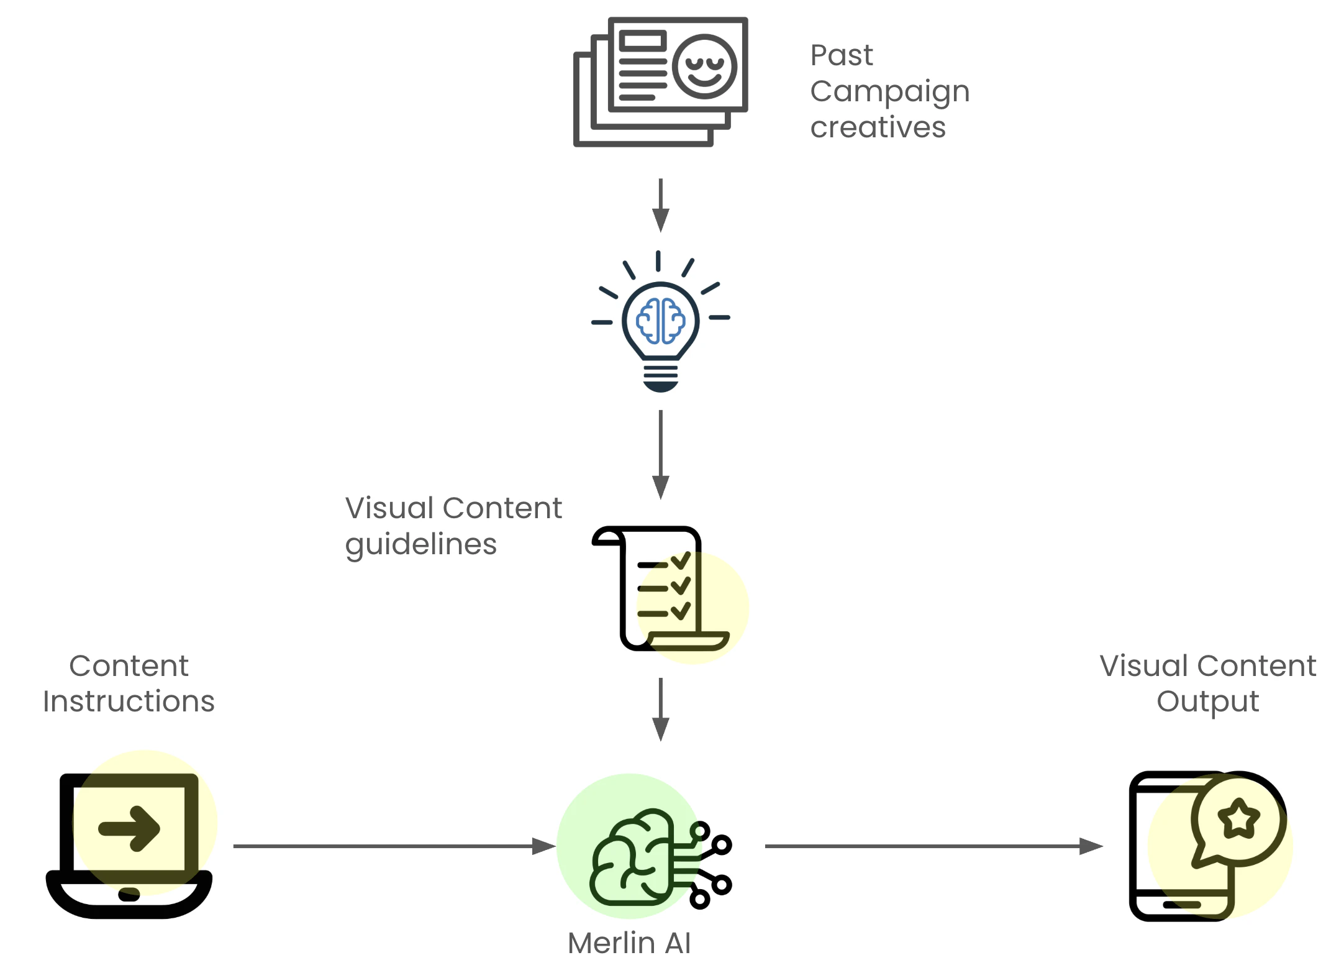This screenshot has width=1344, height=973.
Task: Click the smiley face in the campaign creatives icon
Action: [704, 66]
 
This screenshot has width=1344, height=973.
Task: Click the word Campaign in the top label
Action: [889, 92]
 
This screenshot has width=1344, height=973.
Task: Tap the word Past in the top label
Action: [842, 55]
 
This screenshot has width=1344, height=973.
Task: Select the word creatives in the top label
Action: [878, 127]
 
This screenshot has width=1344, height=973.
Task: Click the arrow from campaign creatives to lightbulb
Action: [660, 205]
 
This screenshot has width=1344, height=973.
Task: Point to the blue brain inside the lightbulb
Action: [660, 321]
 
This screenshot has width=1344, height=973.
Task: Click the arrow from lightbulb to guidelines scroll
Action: [660, 454]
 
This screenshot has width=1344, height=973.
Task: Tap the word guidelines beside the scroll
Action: [420, 545]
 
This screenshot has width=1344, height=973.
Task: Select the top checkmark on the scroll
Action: [681, 561]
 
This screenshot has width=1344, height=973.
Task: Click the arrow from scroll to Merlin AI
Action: [660, 709]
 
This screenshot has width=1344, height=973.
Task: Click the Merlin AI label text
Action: [629, 943]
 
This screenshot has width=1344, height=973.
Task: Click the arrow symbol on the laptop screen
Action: [129, 828]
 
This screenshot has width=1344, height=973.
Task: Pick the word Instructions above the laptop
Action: [129, 701]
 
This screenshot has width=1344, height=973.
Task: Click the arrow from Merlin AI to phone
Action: [932, 846]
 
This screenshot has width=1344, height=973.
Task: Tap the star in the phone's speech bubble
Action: [1238, 818]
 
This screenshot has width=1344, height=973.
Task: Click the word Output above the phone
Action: [1207, 701]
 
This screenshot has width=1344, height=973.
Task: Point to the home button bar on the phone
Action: [1181, 905]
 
